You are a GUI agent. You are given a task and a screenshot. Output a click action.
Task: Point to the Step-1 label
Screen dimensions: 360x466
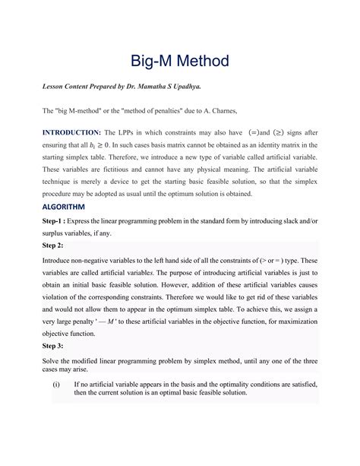(58, 220)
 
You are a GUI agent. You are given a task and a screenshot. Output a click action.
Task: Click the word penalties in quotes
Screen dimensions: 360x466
(172, 111)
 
